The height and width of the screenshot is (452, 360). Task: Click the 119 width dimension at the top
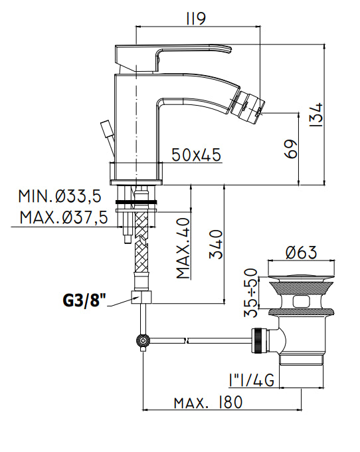196,19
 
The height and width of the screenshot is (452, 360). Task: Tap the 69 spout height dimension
291,149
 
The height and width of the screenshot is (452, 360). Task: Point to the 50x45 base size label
197,154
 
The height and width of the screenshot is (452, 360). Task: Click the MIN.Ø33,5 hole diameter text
60,196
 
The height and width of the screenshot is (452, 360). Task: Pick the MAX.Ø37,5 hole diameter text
64,217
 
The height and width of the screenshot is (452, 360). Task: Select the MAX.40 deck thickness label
183,248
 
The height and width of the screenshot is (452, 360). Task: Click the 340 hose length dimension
216,244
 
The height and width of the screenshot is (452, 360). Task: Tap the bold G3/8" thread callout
84,300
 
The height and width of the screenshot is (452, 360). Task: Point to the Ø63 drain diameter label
302,252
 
